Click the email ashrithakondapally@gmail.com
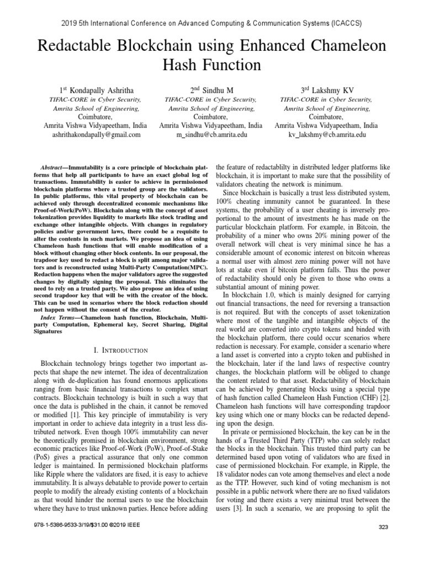(92, 134)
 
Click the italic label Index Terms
(60, 318)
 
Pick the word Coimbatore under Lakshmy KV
(326, 116)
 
